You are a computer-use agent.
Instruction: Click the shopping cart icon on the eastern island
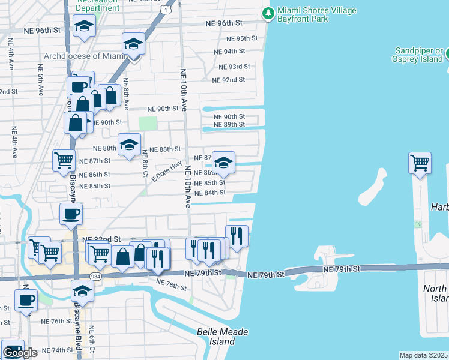click(x=420, y=163)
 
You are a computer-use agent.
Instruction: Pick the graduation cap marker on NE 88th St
click(x=128, y=144)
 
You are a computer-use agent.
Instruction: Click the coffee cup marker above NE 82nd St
click(x=71, y=214)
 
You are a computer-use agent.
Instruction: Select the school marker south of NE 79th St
click(x=82, y=292)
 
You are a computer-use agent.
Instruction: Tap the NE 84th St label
click(x=211, y=193)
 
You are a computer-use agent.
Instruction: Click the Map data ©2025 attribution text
click(x=424, y=355)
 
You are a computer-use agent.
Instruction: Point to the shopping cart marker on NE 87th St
click(x=63, y=160)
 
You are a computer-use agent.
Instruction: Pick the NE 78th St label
click(x=171, y=285)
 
